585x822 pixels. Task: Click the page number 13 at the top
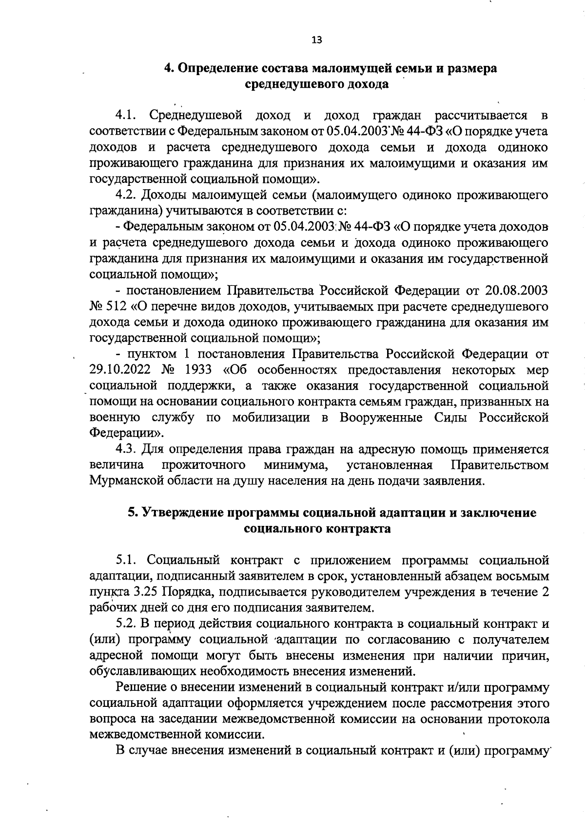point(317,40)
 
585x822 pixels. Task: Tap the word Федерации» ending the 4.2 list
point(127,433)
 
